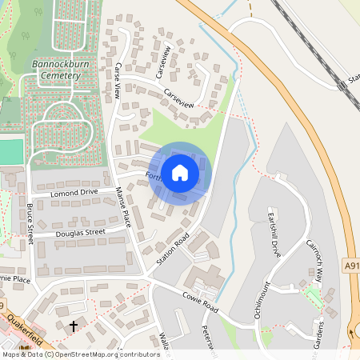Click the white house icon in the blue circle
[179, 172]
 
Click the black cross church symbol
[74, 326]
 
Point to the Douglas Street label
[80, 233]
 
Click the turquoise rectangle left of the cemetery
[10, 150]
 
